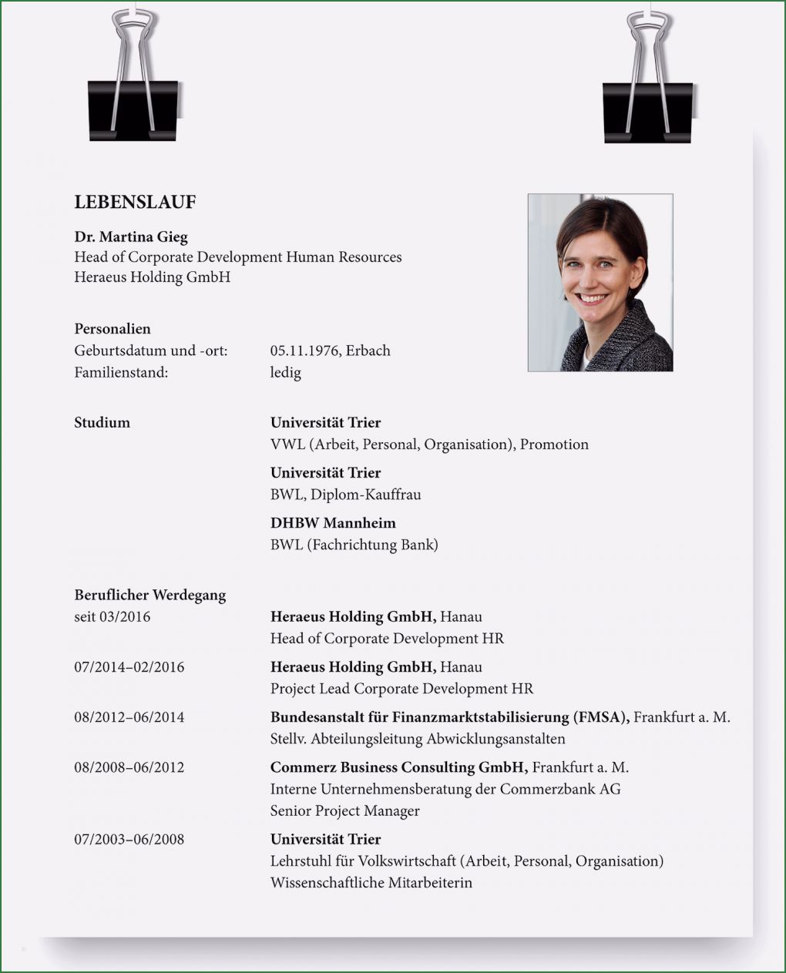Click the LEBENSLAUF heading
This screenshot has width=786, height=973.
point(135,203)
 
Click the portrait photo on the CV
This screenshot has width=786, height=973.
point(600,282)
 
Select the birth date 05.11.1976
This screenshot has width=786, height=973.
point(304,351)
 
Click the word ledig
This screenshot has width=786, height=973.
point(285,373)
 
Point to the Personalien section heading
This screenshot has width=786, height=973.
point(113,329)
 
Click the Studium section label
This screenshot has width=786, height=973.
point(102,422)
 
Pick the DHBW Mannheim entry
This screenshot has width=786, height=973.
point(333,523)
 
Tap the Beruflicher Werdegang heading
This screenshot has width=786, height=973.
point(149,595)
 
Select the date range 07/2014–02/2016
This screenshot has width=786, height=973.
point(129,667)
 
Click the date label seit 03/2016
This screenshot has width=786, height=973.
point(112,617)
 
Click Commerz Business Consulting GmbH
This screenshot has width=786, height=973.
point(398,767)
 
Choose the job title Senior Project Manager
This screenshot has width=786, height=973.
point(344,810)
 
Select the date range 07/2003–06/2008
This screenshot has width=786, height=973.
point(129,839)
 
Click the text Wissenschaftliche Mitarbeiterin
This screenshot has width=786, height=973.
point(371,883)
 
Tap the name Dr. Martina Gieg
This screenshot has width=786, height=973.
point(131,237)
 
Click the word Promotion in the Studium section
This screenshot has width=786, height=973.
point(554,445)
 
